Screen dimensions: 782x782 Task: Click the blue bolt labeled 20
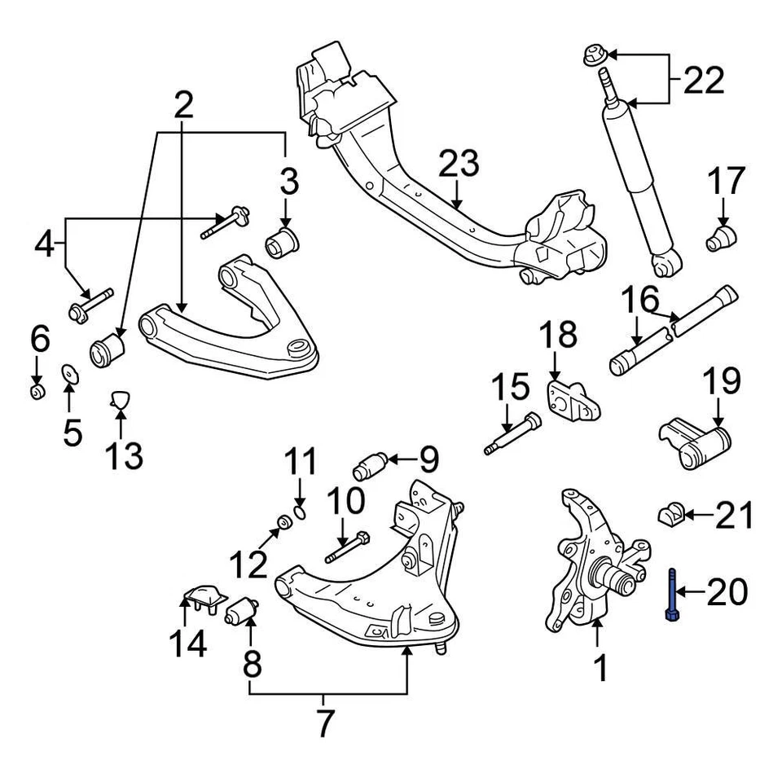671,596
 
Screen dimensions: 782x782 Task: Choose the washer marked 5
69,375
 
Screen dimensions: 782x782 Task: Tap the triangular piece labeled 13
120,399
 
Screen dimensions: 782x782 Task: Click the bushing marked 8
241,609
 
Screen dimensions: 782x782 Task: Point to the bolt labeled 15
511,434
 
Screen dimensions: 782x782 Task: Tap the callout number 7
324,723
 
